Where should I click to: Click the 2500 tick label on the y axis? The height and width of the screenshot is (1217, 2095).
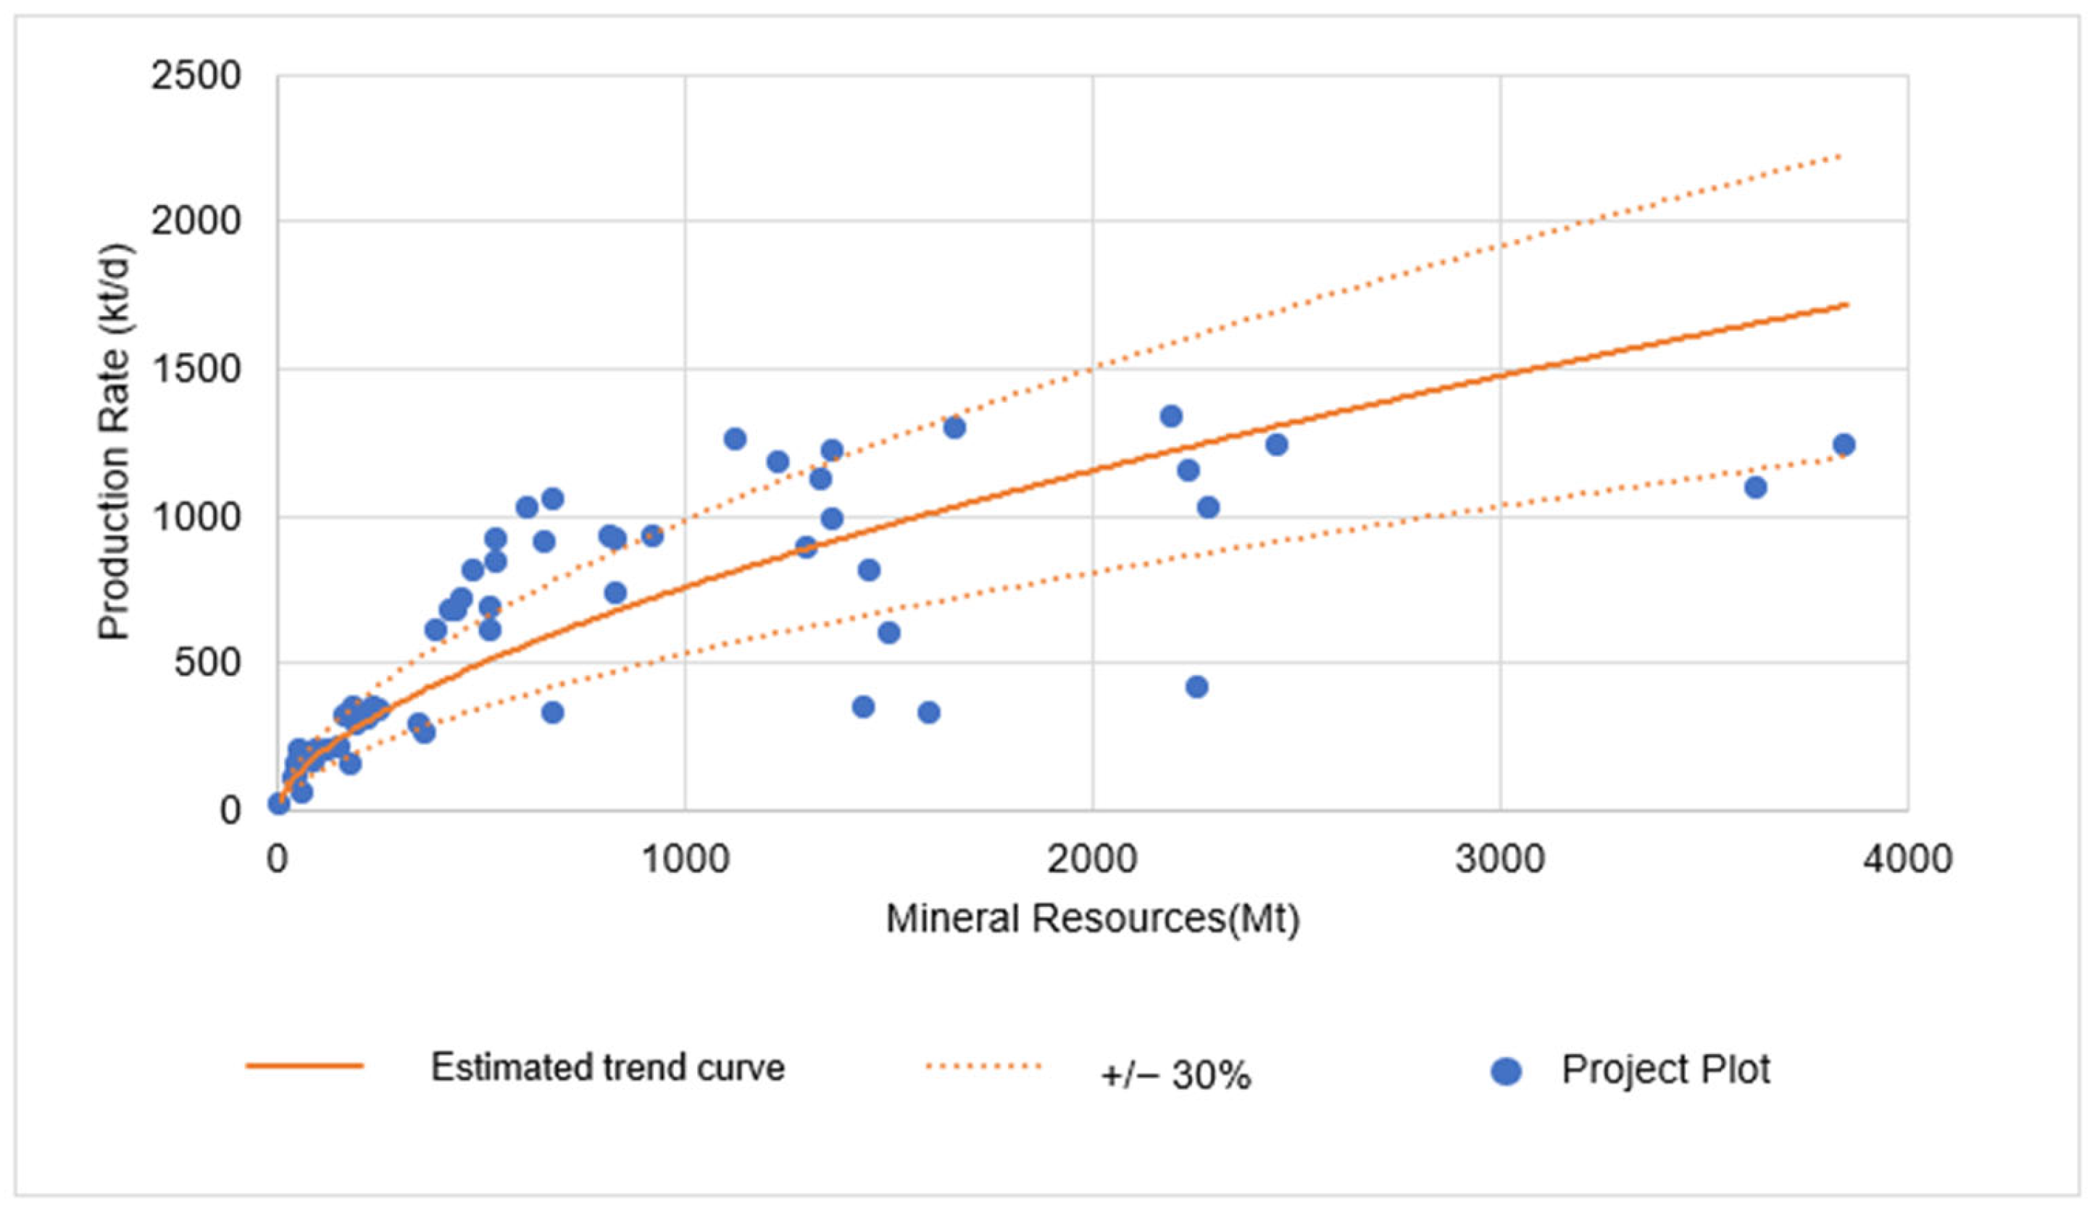(196, 77)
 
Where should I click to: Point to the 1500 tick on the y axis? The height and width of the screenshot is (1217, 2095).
(196, 370)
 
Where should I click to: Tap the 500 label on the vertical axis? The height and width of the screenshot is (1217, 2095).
(207, 664)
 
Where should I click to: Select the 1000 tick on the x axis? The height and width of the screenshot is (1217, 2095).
(685, 858)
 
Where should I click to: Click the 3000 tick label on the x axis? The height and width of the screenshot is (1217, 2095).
(1500, 858)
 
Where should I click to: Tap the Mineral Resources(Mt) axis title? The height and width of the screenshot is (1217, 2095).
(1092, 919)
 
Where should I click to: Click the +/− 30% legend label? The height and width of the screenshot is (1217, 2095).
(1175, 1076)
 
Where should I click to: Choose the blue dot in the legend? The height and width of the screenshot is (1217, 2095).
(1507, 1071)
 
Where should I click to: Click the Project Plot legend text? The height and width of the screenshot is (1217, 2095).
(1665, 1069)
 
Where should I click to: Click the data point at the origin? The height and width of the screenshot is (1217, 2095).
(279, 803)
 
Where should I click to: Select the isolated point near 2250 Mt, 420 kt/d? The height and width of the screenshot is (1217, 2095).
(1196, 687)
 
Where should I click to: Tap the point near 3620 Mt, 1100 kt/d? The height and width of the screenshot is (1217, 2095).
(1755, 487)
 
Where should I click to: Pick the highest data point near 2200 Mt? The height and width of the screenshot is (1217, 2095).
(1170, 417)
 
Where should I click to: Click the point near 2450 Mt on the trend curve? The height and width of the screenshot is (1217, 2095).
(1276, 445)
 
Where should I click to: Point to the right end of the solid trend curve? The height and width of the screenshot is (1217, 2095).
(1846, 304)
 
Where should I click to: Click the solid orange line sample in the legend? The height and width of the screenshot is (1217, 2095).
(304, 1066)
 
